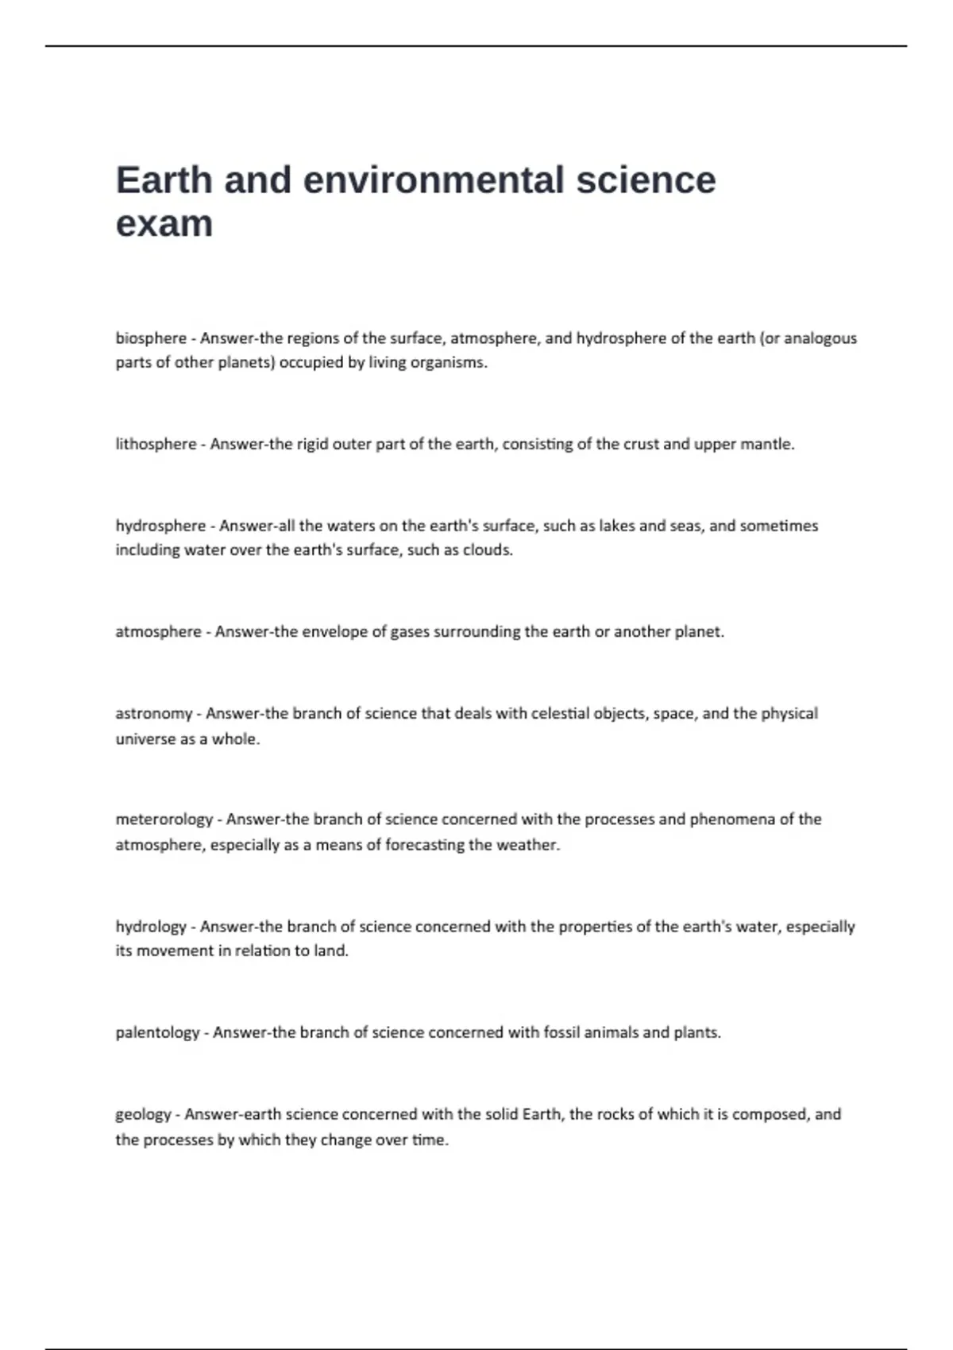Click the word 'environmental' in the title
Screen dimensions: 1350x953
(x=435, y=180)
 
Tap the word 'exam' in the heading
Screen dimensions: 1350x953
(x=164, y=224)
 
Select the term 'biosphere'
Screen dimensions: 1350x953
(x=151, y=338)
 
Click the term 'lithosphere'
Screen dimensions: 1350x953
(x=156, y=444)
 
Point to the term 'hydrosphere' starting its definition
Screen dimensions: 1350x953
(x=160, y=526)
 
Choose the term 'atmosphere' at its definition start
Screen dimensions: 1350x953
(x=158, y=632)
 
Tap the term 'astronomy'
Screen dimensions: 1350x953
(x=154, y=714)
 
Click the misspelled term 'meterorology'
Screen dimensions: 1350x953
(x=164, y=820)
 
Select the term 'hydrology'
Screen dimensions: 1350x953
(x=151, y=927)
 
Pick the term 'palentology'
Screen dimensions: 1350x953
(x=157, y=1033)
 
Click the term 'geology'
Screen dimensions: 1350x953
(x=143, y=1115)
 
